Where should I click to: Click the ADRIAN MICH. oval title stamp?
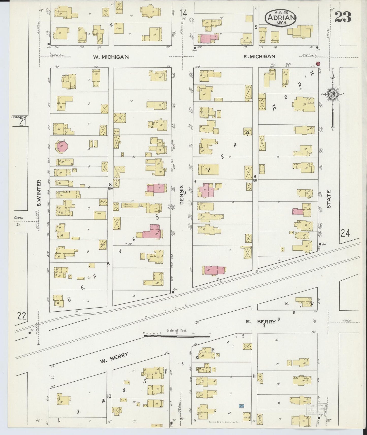(x=280, y=18)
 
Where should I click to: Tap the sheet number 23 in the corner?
(x=343, y=17)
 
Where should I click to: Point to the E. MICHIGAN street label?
(x=259, y=56)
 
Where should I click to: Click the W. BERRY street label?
(x=114, y=358)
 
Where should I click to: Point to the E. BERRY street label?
(x=261, y=322)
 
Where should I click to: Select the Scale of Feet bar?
(x=177, y=336)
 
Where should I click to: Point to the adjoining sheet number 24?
(x=345, y=233)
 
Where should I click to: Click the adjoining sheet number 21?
(x=23, y=123)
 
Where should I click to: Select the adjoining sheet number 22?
(x=22, y=316)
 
